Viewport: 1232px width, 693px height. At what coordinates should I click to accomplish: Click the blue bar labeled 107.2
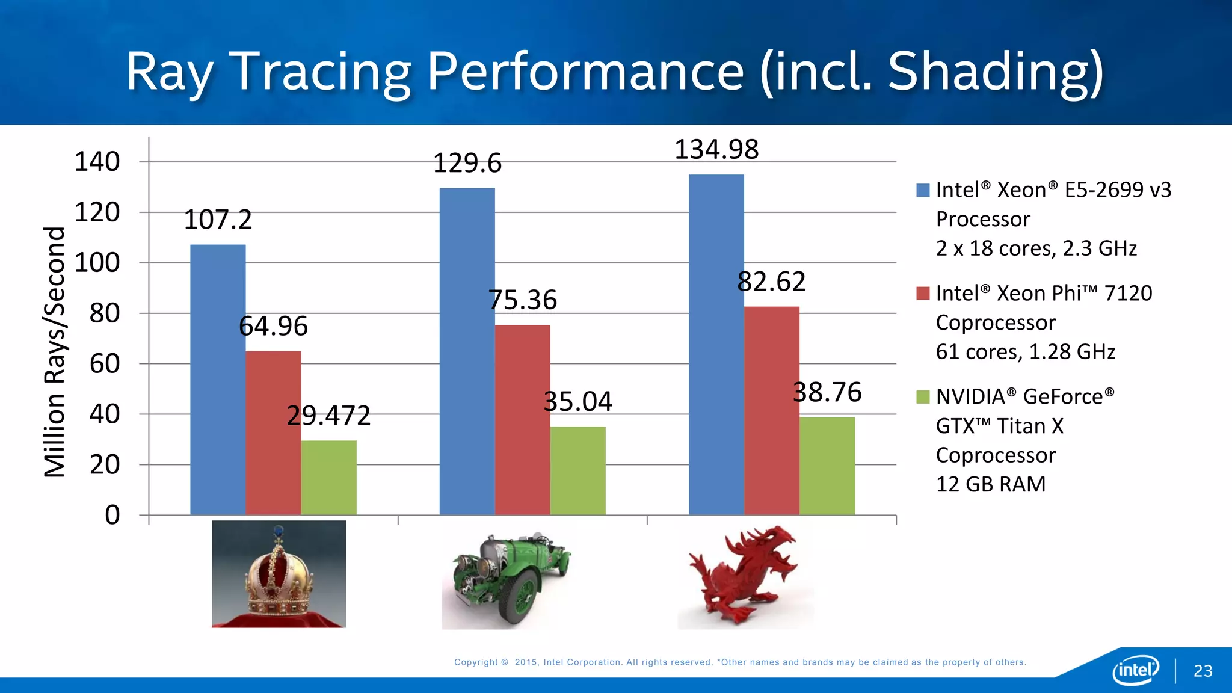(x=218, y=379)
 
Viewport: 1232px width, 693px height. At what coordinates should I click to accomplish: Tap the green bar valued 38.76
(x=827, y=466)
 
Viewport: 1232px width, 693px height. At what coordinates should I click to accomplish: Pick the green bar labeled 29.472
(x=328, y=478)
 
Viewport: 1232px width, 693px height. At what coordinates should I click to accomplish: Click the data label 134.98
(x=716, y=149)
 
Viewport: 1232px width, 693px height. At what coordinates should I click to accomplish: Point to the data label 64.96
(x=273, y=326)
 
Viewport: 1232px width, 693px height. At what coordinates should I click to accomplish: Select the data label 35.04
(x=577, y=401)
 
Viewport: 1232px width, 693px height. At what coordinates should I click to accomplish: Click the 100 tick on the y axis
(x=97, y=263)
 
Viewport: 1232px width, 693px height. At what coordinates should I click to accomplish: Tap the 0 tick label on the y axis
(x=112, y=515)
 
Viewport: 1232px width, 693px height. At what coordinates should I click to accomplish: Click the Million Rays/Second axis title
(x=54, y=352)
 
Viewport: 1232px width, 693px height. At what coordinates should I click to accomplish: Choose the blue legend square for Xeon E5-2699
(x=923, y=191)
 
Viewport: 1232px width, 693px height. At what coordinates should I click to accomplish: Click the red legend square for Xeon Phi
(x=923, y=294)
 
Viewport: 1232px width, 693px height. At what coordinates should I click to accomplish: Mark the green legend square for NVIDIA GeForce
(x=923, y=397)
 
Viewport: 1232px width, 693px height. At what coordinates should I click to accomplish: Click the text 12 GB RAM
(x=990, y=484)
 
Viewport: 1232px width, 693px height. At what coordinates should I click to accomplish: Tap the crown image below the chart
(x=279, y=574)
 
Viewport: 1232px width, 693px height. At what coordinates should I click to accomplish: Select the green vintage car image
(x=507, y=576)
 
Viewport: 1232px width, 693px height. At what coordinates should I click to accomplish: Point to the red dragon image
(x=745, y=575)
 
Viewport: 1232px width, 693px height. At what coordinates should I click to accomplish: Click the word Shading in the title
(x=995, y=72)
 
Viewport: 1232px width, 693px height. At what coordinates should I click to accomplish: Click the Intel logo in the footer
(x=1135, y=670)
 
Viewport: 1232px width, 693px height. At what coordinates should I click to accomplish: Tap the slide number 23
(x=1203, y=671)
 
